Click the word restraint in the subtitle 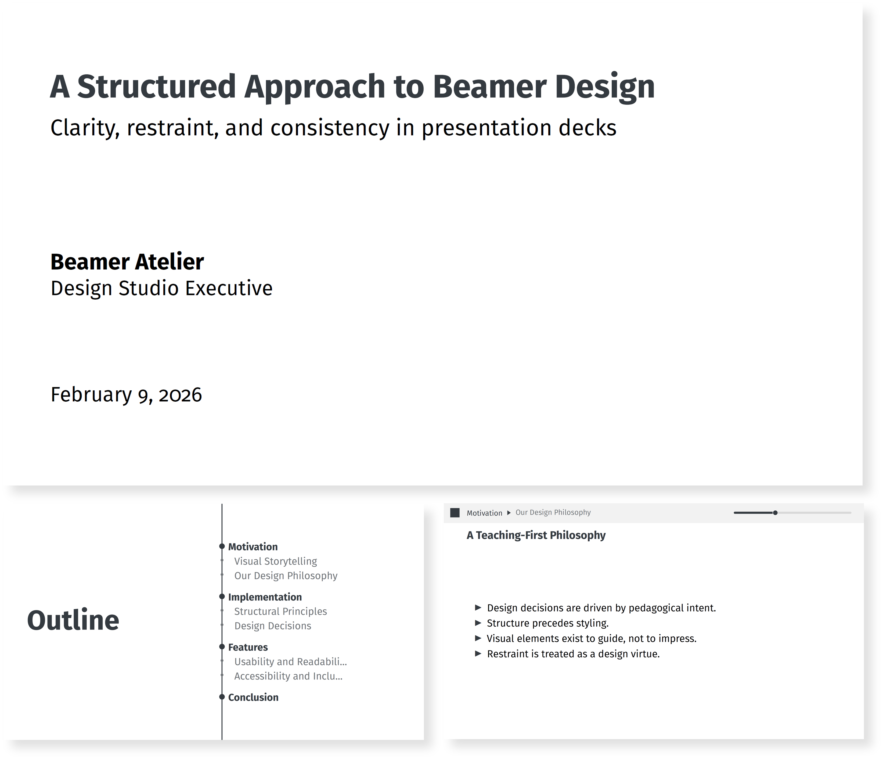[x=172, y=128]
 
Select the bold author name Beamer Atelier [x=127, y=262]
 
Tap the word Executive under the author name [x=229, y=288]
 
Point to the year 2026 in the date [x=180, y=395]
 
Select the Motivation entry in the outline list [x=253, y=547]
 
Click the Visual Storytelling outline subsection [x=275, y=561]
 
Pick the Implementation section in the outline [x=265, y=597]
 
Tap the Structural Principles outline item [x=280, y=611]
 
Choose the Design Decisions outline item [x=273, y=626]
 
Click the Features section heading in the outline [x=248, y=647]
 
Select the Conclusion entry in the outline [x=253, y=697]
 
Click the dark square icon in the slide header [x=455, y=513]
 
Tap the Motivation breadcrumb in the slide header [x=484, y=513]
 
